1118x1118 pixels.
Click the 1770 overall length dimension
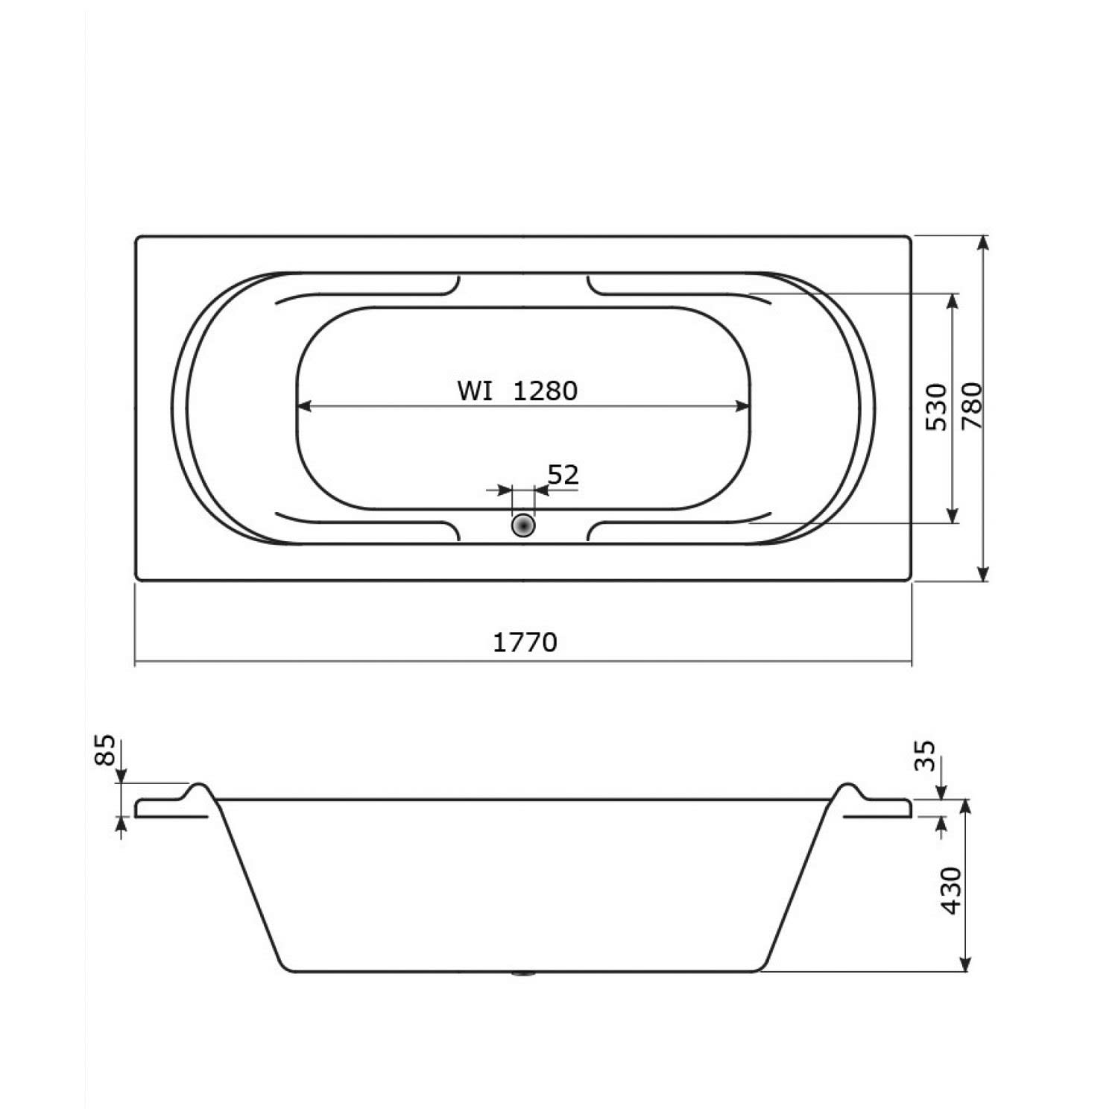click(x=525, y=642)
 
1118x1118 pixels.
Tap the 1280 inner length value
click(x=545, y=391)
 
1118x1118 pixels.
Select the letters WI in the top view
click(x=475, y=391)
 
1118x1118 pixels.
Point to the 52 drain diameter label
click(x=563, y=474)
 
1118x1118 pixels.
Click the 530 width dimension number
click(x=936, y=406)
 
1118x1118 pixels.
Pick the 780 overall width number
click(x=973, y=406)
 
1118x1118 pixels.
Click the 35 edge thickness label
click(x=924, y=757)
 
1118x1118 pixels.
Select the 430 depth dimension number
click(x=952, y=890)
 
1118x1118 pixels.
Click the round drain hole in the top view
click(x=523, y=525)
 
